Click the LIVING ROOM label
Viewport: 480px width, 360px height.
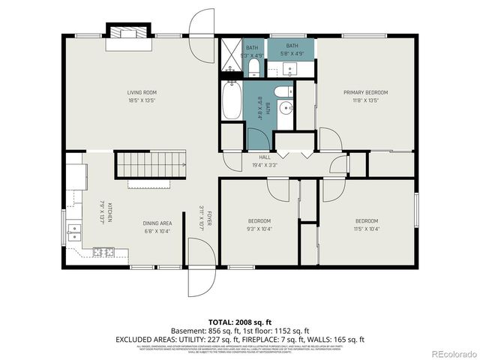(x=141, y=92)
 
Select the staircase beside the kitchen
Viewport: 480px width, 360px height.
(x=150, y=163)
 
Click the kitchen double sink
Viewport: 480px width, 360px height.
(x=73, y=232)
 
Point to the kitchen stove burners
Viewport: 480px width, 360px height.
(x=101, y=252)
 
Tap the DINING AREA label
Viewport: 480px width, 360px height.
(x=157, y=223)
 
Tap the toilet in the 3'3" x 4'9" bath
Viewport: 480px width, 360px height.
(x=253, y=68)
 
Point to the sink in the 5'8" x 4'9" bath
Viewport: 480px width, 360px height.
(x=291, y=70)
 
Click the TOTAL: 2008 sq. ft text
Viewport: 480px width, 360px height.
(x=239, y=321)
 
